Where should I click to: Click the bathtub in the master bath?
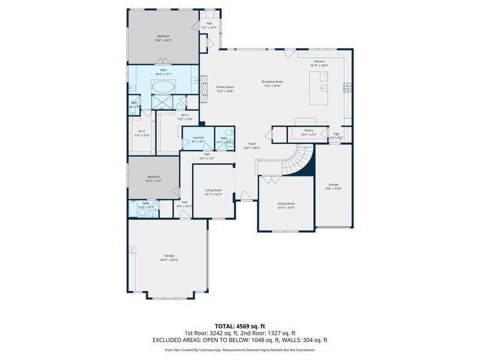[x=163, y=86]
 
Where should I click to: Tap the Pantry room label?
[x=309, y=130]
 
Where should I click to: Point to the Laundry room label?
[x=198, y=137]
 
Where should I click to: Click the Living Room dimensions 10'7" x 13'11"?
[x=213, y=194]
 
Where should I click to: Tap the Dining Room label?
[x=286, y=203]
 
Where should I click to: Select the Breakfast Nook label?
[x=272, y=82]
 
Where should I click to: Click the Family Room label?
[x=225, y=87]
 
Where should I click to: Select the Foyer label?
[x=253, y=143]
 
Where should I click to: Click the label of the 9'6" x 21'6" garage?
[x=333, y=184]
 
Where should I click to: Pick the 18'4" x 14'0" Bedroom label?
[x=163, y=36]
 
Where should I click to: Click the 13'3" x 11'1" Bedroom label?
[x=154, y=176]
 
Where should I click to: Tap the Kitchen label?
[x=319, y=61]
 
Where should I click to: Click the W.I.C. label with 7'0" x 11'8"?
[x=142, y=131]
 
